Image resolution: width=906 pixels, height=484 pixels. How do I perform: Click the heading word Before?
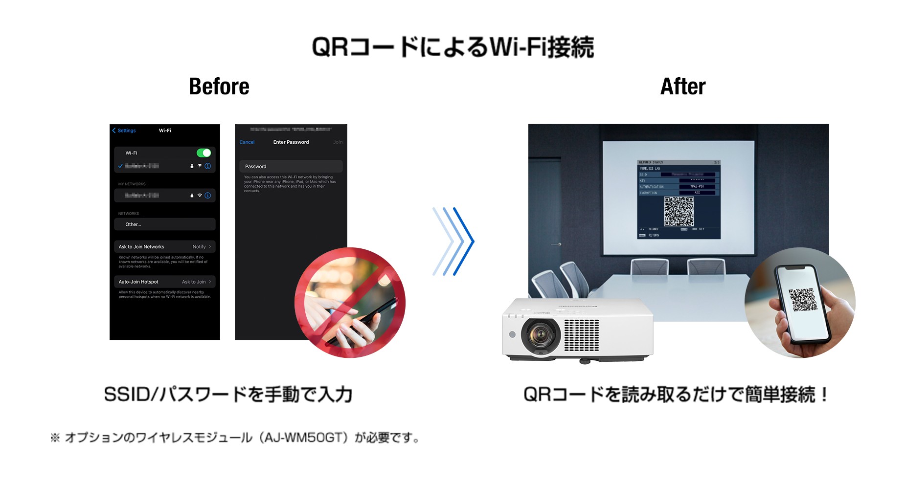[x=219, y=87]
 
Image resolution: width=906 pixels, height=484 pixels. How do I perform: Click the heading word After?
[x=682, y=87]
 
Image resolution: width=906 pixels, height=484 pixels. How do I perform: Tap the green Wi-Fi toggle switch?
[x=204, y=153]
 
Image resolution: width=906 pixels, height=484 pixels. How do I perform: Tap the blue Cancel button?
[x=247, y=142]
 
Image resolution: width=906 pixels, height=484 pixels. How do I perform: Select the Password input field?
[x=291, y=167]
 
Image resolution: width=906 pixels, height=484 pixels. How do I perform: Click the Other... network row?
[x=164, y=224]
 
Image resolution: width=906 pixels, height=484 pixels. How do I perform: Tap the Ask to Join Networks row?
[x=164, y=247]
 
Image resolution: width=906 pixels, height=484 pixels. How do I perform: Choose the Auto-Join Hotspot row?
[x=164, y=282]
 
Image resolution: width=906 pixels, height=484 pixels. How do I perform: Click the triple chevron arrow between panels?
[x=453, y=241]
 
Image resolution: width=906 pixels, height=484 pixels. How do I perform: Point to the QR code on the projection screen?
[x=679, y=211]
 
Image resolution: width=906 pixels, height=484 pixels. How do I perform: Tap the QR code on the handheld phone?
[x=803, y=300]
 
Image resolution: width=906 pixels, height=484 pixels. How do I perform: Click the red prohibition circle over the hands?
[x=350, y=303]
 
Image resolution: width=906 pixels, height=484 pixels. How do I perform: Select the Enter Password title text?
[x=291, y=142]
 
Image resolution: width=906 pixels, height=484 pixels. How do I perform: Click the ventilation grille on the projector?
[x=581, y=335]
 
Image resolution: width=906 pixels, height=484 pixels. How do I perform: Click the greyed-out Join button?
[x=338, y=142]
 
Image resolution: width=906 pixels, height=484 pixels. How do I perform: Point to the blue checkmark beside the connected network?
[x=120, y=166]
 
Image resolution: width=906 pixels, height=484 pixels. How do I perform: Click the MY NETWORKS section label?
[x=132, y=184]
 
